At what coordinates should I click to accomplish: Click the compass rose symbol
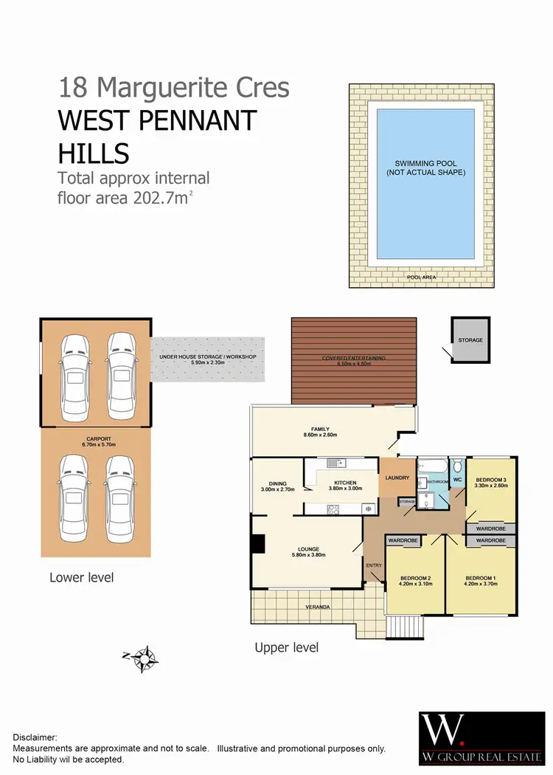pyautogui.click(x=145, y=658)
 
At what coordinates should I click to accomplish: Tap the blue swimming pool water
pyautogui.click(x=425, y=189)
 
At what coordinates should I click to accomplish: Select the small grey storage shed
pyautogui.click(x=470, y=340)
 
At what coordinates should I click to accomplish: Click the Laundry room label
pyautogui.click(x=397, y=478)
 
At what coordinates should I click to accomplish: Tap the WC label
pyautogui.click(x=456, y=480)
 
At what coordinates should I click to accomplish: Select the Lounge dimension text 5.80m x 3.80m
pyautogui.click(x=308, y=556)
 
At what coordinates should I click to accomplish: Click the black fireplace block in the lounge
pyautogui.click(x=258, y=543)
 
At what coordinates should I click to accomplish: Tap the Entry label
pyautogui.click(x=374, y=565)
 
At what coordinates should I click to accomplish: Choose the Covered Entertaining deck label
pyautogui.click(x=354, y=358)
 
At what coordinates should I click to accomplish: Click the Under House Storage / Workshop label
pyautogui.click(x=207, y=357)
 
